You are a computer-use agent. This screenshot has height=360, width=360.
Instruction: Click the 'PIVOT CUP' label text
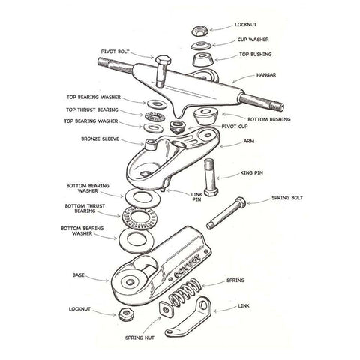click(234, 128)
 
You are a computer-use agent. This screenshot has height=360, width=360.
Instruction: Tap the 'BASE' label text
click(79, 274)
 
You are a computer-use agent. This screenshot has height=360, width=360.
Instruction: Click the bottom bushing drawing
click(203, 115)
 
